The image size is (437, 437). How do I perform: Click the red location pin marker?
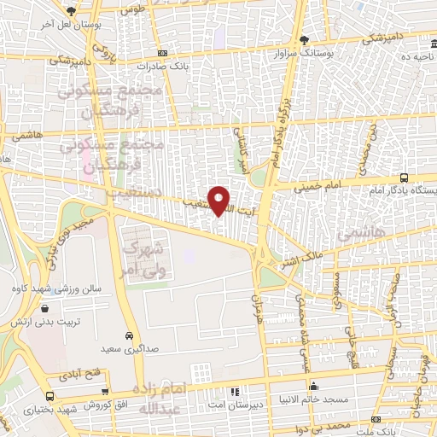[x=219, y=201]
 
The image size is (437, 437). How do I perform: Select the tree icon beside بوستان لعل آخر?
[x=71, y=11]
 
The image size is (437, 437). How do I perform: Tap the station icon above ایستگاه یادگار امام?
[x=404, y=178]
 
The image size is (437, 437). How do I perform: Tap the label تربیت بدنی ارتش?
[x=39, y=323]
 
